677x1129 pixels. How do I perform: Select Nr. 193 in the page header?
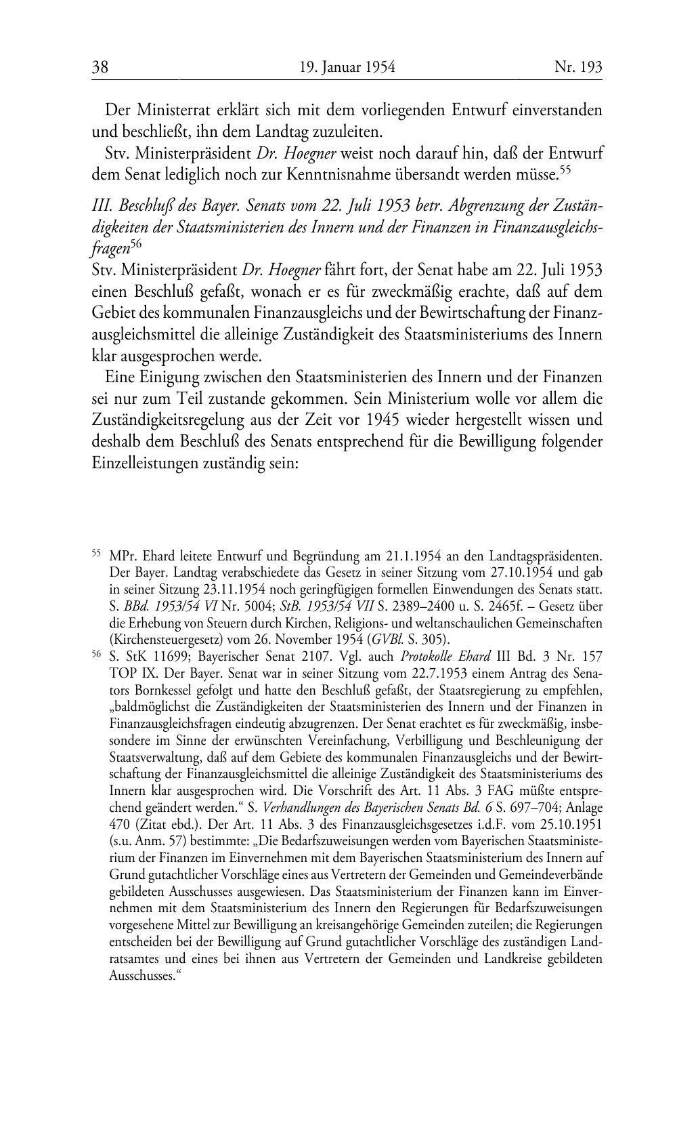pos(578,67)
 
